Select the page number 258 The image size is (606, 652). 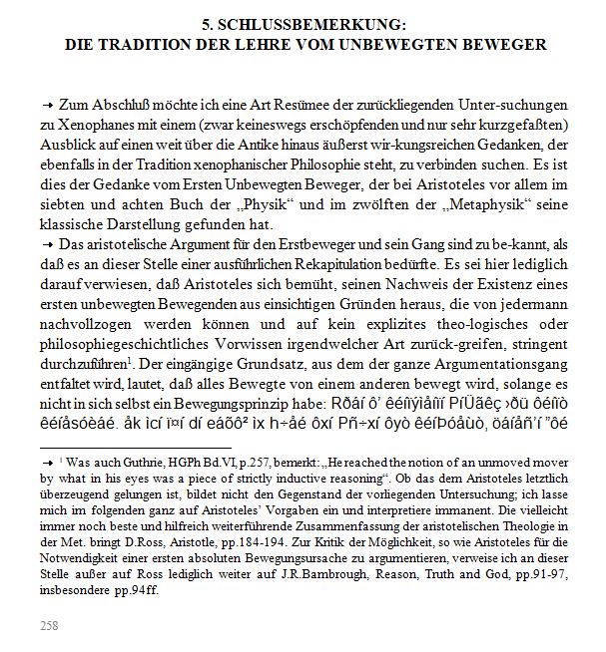pyautogui.click(x=48, y=625)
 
